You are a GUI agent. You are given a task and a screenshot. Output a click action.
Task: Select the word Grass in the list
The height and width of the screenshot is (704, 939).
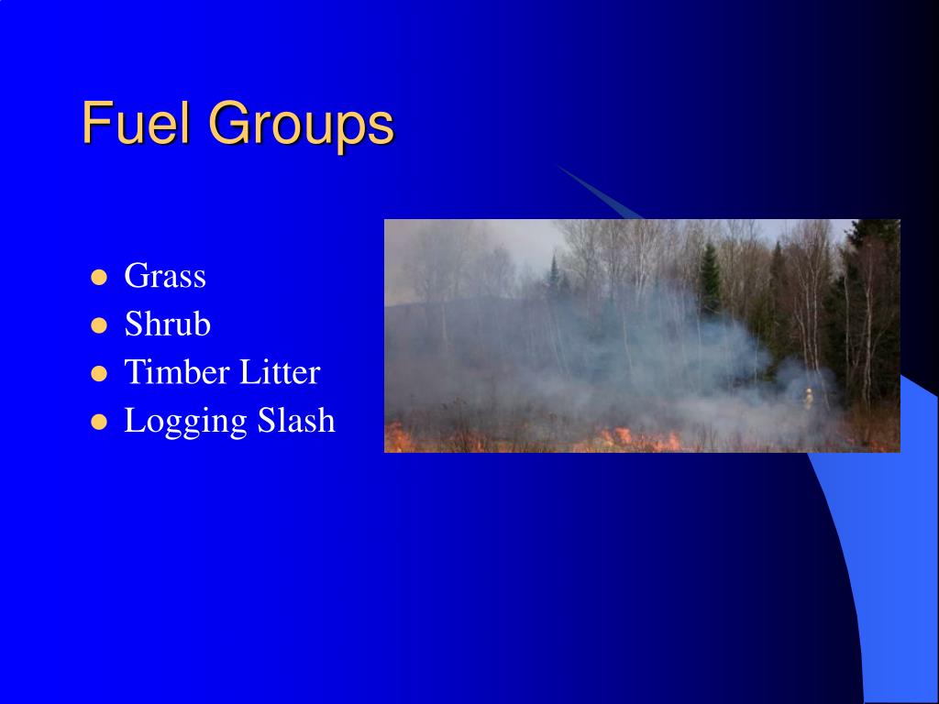click(165, 276)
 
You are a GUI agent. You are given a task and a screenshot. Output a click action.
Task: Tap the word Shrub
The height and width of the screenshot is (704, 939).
click(168, 324)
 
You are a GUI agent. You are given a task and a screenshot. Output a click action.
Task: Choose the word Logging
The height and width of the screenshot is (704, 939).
click(186, 423)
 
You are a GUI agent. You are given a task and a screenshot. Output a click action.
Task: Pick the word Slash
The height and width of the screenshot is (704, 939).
click(296, 421)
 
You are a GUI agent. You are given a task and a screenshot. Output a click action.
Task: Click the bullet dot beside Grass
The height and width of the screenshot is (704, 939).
click(100, 277)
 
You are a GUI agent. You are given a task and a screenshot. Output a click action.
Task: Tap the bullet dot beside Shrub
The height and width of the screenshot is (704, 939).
click(100, 325)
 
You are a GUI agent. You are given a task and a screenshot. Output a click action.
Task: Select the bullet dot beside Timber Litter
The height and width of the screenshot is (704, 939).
click(100, 374)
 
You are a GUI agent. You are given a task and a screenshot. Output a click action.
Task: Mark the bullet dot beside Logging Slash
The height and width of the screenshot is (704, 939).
click(100, 423)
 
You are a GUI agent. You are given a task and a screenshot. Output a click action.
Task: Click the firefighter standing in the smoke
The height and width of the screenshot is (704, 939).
click(808, 398)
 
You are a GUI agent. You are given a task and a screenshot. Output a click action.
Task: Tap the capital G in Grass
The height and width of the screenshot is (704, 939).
click(136, 276)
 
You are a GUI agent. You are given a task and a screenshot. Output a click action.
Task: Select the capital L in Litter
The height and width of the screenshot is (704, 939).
click(249, 373)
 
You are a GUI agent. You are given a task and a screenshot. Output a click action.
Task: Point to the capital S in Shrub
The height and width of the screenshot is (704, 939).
click(133, 324)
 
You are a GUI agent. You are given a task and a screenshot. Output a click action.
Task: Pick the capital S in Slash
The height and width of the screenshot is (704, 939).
click(265, 421)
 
